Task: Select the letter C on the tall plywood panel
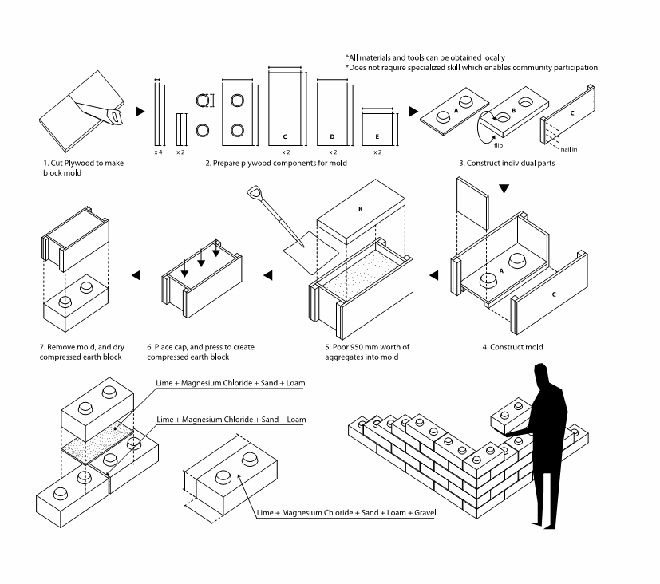pos(285,136)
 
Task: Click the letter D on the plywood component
pos(332,136)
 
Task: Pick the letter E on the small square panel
pos(377,136)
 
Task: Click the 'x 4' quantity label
pos(158,151)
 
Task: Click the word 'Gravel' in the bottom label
pos(421,511)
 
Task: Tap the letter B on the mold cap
pos(361,210)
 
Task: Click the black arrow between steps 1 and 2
pos(140,112)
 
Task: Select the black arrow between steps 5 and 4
pos(434,276)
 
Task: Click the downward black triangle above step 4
pos(503,189)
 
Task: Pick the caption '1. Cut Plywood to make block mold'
pos(84,168)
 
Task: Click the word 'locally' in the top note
pos(492,57)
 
